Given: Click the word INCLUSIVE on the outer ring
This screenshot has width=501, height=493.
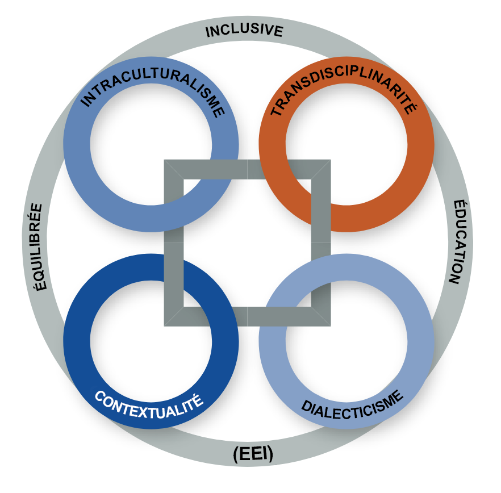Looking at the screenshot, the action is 244,30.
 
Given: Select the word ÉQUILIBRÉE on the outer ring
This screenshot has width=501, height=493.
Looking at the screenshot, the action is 38,246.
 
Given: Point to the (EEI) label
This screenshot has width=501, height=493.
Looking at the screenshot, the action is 253,454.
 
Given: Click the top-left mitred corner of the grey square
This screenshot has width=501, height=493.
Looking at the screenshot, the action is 164,160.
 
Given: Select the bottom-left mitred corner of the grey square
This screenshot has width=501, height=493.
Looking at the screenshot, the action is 164,326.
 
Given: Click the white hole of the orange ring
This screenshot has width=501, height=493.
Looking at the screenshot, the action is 346,144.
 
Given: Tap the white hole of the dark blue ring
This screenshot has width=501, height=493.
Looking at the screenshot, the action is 151,341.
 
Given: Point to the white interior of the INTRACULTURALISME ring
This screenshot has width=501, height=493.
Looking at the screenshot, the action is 151,144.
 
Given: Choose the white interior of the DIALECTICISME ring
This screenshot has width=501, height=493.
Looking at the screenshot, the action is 346,341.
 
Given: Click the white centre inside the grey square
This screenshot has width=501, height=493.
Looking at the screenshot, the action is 247,243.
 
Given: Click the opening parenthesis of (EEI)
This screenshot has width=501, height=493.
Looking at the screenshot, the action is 236,454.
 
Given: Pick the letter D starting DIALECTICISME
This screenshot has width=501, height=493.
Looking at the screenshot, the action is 307,406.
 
